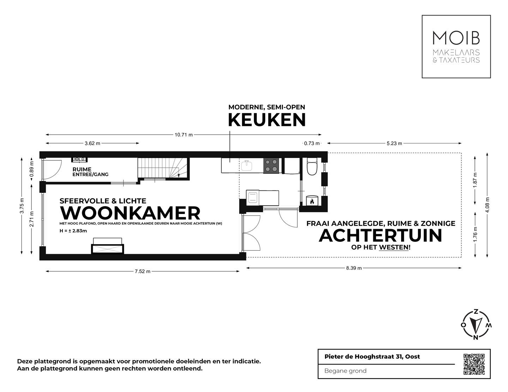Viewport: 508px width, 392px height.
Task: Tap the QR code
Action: [473, 364]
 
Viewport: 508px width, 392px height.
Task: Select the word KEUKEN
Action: [267, 120]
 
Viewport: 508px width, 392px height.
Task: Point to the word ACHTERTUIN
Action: [380, 235]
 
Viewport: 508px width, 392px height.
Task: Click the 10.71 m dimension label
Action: [183, 135]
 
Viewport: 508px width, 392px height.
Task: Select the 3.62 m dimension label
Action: [92, 143]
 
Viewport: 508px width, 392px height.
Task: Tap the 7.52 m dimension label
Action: [143, 271]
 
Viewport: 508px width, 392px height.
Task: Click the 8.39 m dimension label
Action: [353, 268]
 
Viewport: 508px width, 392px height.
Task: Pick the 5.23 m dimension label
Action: [394, 143]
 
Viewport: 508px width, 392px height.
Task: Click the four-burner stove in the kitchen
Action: [271, 165]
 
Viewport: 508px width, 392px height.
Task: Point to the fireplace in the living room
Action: [108, 246]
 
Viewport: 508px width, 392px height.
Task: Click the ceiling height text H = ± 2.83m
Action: [73, 231]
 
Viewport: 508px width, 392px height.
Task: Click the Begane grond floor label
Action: [345, 370]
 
